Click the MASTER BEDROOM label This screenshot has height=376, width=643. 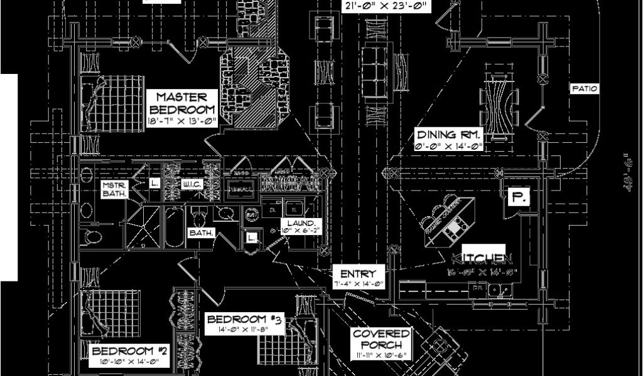[x=181, y=103]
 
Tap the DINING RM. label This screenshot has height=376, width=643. [x=449, y=135]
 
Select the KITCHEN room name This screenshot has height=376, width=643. [x=482, y=258]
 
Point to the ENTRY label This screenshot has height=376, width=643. [x=358, y=273]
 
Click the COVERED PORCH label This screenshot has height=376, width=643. [x=381, y=339]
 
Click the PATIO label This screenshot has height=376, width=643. [x=585, y=89]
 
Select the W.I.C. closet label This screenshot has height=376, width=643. [x=191, y=184]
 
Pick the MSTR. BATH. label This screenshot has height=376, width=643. [x=115, y=189]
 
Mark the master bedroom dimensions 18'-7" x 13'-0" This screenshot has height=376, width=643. [x=181, y=122]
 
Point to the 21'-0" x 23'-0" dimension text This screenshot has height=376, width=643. [x=387, y=7]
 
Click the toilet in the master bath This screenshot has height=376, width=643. [x=92, y=236]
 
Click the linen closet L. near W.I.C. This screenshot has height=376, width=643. [x=154, y=184]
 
